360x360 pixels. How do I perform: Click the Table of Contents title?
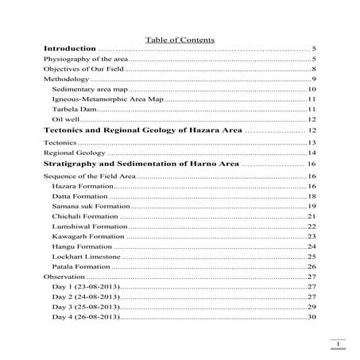[x=180, y=39]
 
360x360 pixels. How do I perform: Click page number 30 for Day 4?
[x=312, y=317]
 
